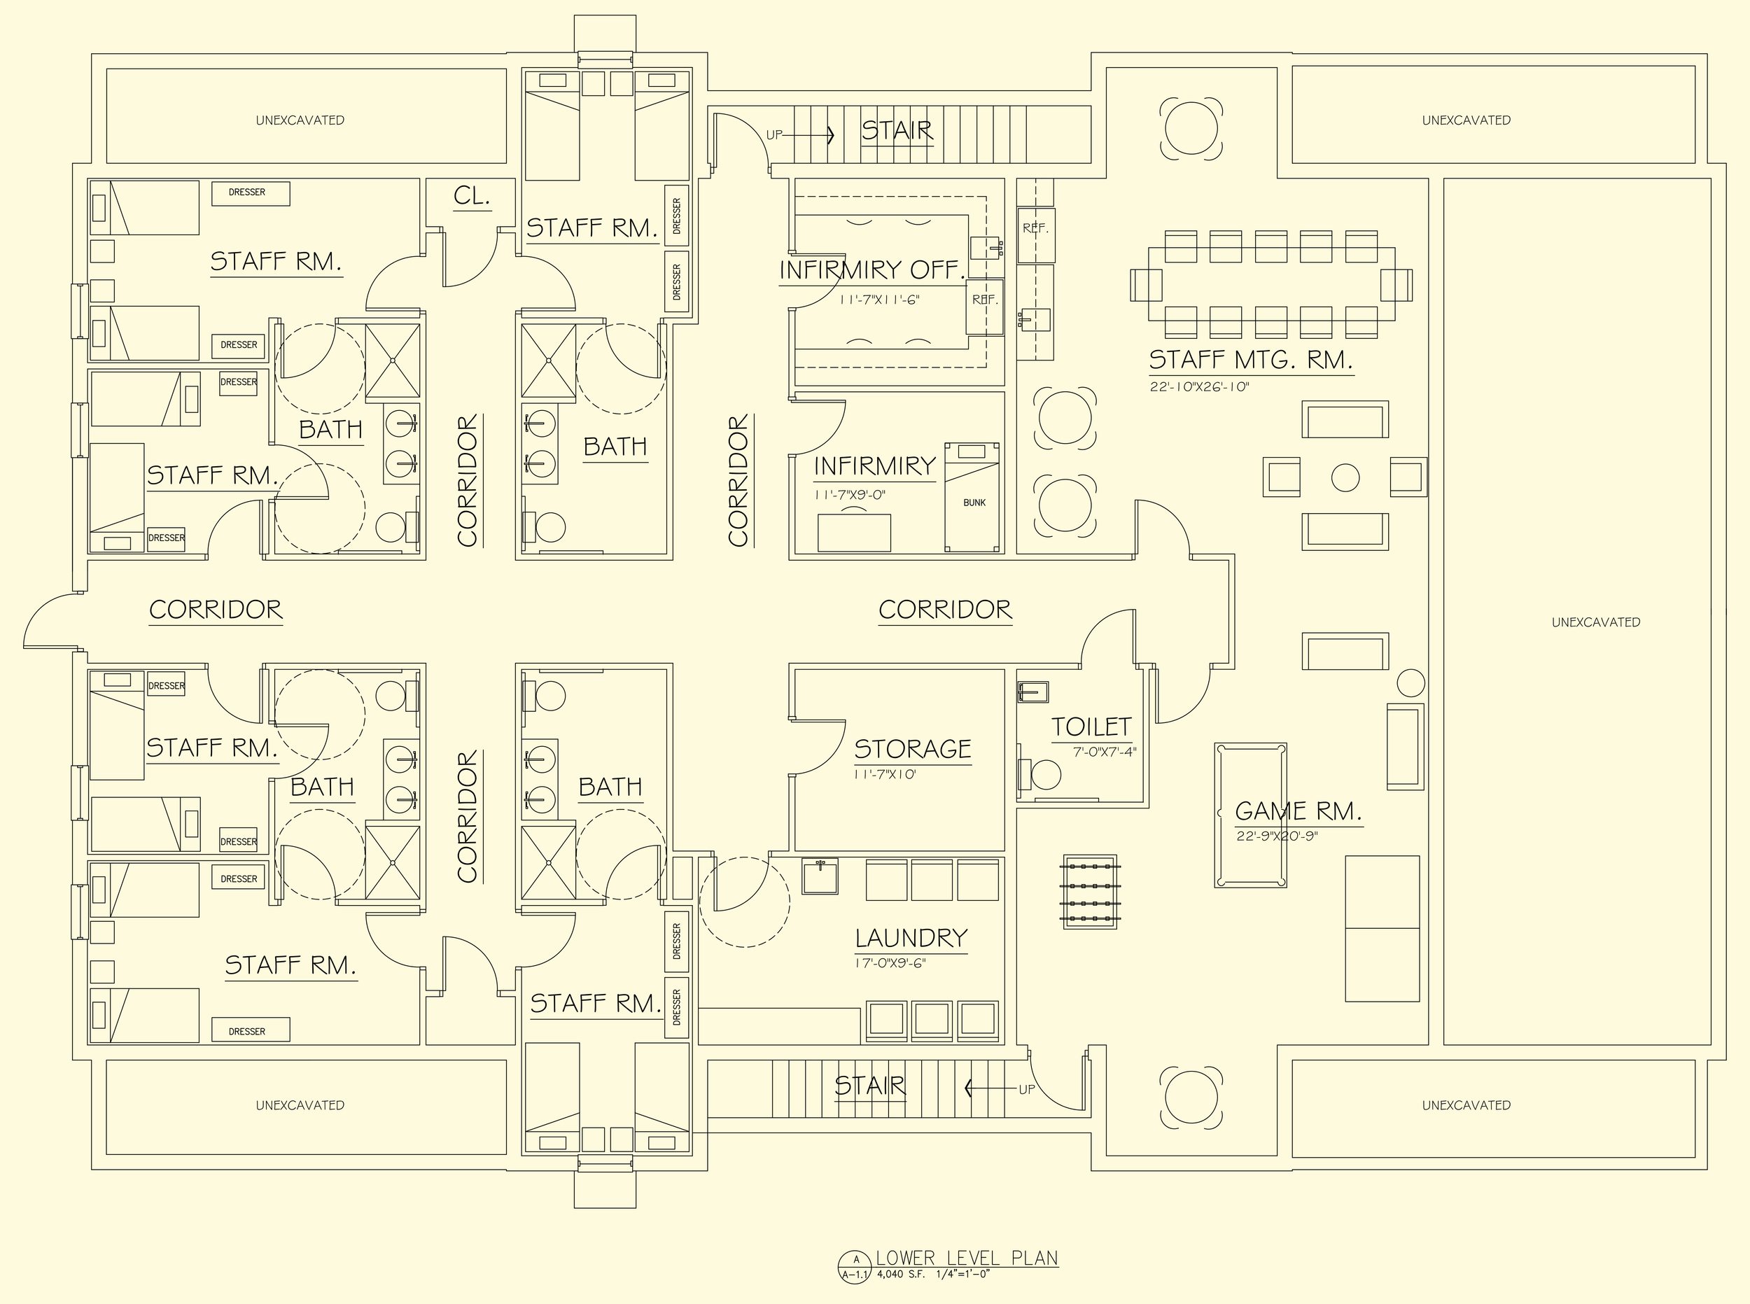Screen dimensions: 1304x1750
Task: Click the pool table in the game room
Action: click(1250, 815)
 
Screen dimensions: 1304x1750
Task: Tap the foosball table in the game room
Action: click(1090, 892)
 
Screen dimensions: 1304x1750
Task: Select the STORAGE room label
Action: click(913, 748)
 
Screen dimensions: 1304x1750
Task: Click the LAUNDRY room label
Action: click(911, 938)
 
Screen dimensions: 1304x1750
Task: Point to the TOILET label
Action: click(1091, 727)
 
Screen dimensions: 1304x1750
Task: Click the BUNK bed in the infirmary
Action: click(973, 497)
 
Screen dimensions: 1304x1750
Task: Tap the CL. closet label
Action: click(472, 196)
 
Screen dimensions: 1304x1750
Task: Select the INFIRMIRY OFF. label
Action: click(872, 270)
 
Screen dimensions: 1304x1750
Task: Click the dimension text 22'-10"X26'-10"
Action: click(1199, 388)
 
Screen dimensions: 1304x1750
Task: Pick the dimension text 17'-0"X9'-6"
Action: click(890, 963)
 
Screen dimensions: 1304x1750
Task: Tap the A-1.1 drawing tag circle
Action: click(855, 1268)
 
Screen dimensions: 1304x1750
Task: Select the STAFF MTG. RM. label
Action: click(1250, 360)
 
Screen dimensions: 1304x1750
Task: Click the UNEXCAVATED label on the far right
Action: click(1595, 622)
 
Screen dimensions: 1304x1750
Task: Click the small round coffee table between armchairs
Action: click(1345, 477)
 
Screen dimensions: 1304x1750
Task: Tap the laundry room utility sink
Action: click(820, 876)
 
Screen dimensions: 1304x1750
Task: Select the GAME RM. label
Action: click(1298, 811)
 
